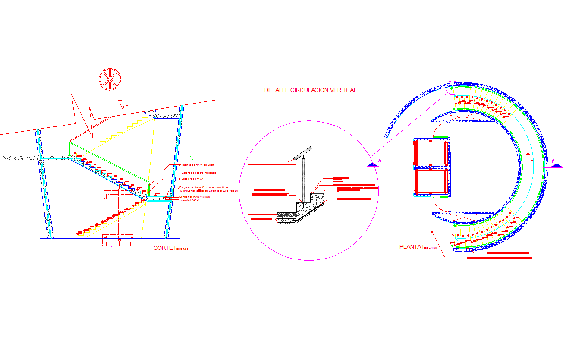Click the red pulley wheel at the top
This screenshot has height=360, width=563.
tap(110, 79)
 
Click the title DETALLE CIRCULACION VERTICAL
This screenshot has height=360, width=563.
tap(310, 90)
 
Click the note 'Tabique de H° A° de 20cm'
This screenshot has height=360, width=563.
tap(198, 165)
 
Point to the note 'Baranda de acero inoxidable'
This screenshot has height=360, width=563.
tap(199, 173)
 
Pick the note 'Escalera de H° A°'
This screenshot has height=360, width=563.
tap(192, 178)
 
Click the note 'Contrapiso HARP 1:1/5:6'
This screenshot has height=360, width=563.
tap(195, 197)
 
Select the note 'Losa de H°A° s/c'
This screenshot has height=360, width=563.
tap(190, 200)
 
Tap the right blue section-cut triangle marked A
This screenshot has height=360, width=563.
tap(556, 164)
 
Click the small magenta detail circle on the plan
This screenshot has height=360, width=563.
tap(452, 88)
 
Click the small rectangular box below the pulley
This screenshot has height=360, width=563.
tap(120, 105)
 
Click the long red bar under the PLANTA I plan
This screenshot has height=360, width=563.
tap(499, 258)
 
